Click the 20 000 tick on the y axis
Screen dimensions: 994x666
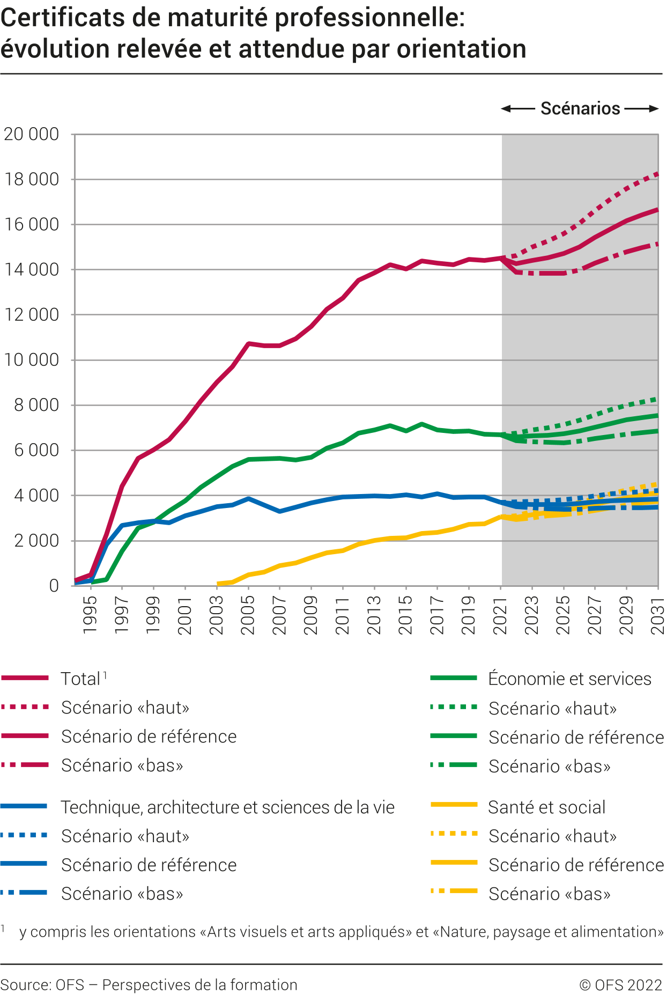pyautogui.click(x=31, y=134)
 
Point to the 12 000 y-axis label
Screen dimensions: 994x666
pyautogui.click(x=31, y=315)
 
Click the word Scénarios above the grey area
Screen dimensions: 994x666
pyautogui.click(x=580, y=108)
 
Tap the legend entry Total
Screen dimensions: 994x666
pyautogui.click(x=80, y=679)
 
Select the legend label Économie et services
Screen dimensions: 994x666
pyautogui.click(x=569, y=679)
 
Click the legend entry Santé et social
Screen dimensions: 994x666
pyautogui.click(x=546, y=807)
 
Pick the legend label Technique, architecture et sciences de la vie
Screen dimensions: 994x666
pyautogui.click(x=227, y=807)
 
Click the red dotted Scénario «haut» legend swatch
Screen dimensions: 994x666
pyautogui.click(x=25, y=708)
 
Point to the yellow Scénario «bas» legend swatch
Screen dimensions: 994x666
pyautogui.click(x=454, y=891)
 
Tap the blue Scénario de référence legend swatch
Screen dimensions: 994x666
pyautogui.click(x=25, y=864)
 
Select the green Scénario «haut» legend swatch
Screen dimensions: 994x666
pyautogui.click(x=454, y=708)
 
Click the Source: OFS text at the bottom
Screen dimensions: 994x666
pyautogui.click(x=42, y=985)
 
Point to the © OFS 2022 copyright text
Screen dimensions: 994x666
pyautogui.click(x=621, y=985)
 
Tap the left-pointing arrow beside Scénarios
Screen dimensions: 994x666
pyautogui.click(x=517, y=109)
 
